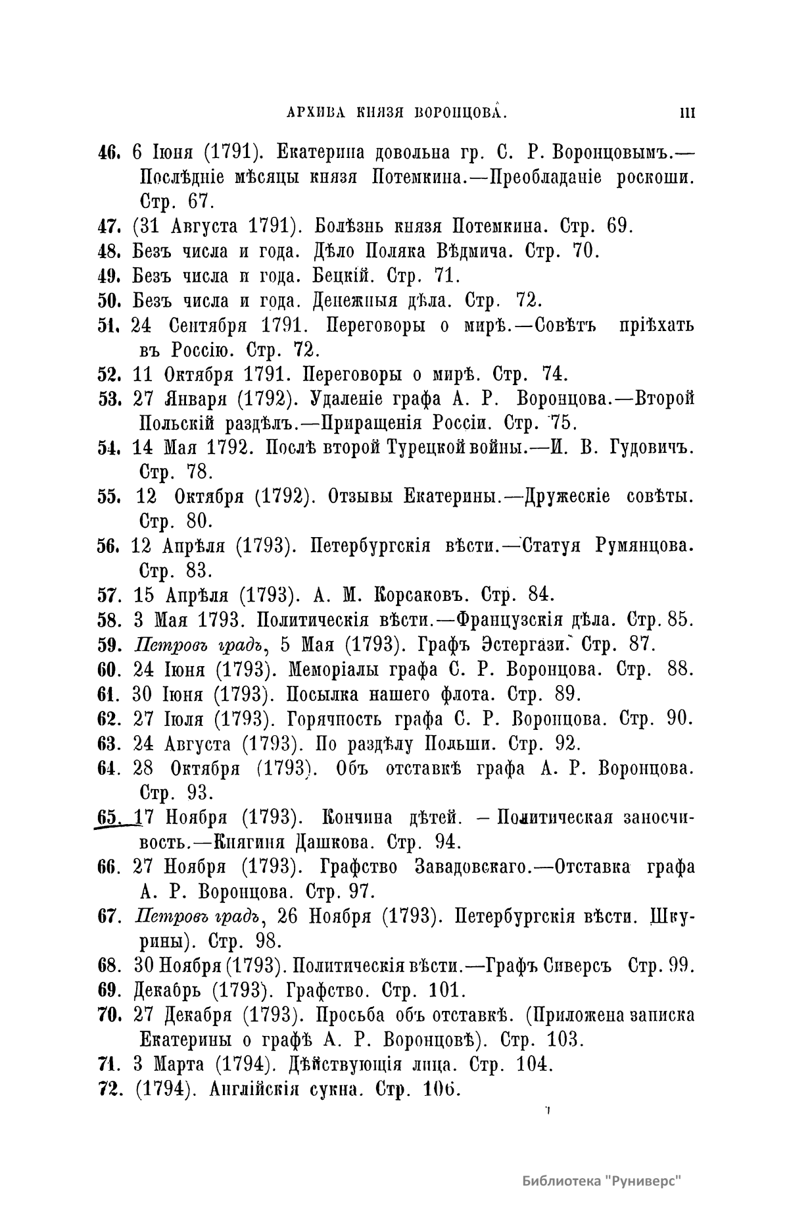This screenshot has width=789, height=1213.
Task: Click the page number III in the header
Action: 687,113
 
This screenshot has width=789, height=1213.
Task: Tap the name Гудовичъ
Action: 644,448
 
